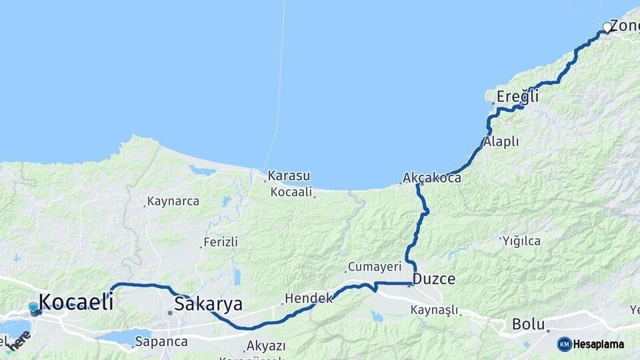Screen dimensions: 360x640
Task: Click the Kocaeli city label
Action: click(75, 301)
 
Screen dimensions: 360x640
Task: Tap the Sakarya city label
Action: click(208, 304)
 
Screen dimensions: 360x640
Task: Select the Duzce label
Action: click(434, 279)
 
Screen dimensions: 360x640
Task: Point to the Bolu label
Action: click(529, 324)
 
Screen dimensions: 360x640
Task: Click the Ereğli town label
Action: click(517, 97)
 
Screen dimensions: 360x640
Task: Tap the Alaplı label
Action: click(501, 141)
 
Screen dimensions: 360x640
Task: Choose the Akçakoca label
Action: click(432, 179)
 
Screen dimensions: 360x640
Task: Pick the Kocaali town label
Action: click(291, 192)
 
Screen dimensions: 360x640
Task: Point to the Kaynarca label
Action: click(173, 201)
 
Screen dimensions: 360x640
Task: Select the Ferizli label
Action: click(221, 242)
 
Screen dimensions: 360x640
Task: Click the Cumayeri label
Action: click(375, 267)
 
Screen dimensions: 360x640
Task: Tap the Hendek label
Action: click(308, 298)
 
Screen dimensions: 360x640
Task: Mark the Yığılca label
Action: click(522, 241)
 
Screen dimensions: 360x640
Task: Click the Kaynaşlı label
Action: click(435, 310)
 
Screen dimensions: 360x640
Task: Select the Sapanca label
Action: click(161, 341)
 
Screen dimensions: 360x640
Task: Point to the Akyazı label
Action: click(266, 346)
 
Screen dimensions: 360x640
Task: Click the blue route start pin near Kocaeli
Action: click(33, 308)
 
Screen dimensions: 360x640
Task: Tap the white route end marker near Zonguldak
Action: click(607, 27)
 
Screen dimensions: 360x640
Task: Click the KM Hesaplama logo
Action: click(591, 344)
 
